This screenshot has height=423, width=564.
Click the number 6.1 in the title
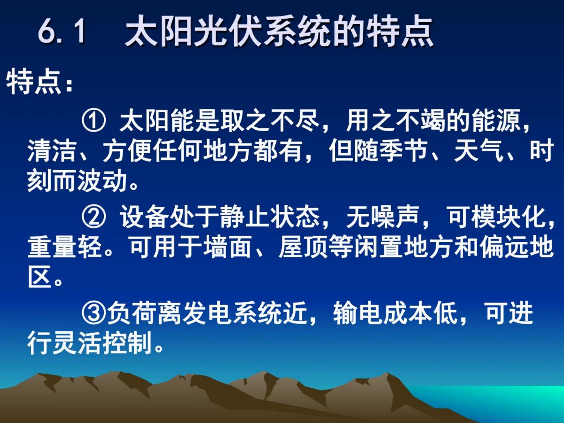tap(62, 32)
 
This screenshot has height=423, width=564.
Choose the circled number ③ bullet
tap(94, 313)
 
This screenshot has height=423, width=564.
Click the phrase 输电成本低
tap(396, 313)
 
